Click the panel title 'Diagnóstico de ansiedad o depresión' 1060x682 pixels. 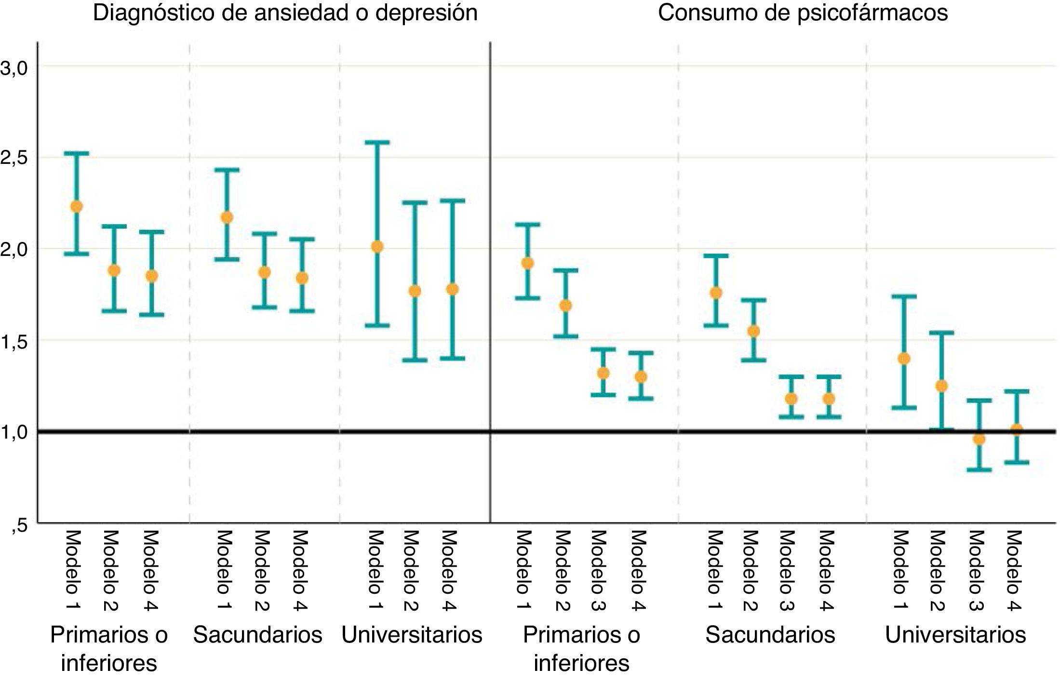pyautogui.click(x=285, y=13)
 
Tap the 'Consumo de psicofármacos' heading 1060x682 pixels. pyautogui.click(x=803, y=13)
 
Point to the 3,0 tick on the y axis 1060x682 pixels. pyautogui.click(x=14, y=68)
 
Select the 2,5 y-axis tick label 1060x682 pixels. pyautogui.click(x=14, y=158)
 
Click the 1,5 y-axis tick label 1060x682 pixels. pyautogui.click(x=14, y=342)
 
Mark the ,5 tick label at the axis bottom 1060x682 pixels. pyautogui.click(x=20, y=525)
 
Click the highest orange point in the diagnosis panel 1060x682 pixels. pyautogui.click(x=77, y=206)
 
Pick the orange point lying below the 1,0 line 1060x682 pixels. pyautogui.click(x=979, y=439)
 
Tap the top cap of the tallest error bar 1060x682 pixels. pyautogui.click(x=377, y=142)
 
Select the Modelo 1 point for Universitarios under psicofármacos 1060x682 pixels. pyautogui.click(x=904, y=359)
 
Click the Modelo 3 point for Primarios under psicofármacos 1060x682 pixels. pyautogui.click(x=603, y=373)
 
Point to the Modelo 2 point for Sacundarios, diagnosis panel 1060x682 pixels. pyautogui.click(x=264, y=272)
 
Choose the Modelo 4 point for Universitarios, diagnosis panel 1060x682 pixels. pyautogui.click(x=452, y=289)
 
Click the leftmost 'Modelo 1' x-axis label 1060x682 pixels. pyautogui.click(x=72, y=569)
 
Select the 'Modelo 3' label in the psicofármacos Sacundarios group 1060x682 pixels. pyautogui.click(x=787, y=569)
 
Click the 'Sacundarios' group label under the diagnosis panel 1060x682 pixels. pyautogui.click(x=257, y=635)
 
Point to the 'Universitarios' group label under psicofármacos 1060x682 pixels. pyautogui.click(x=955, y=635)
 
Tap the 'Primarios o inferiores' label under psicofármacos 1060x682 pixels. pyautogui.click(x=581, y=649)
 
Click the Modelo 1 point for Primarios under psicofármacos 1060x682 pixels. pyautogui.click(x=528, y=263)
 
